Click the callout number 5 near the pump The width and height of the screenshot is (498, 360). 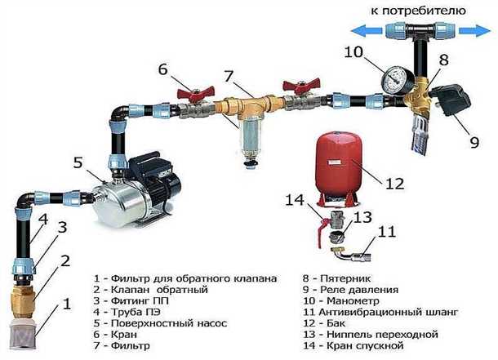pyautogui.click(x=78, y=162)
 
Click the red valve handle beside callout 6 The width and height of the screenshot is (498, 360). pyautogui.click(x=189, y=87)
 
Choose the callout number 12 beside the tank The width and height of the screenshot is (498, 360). pyautogui.click(x=395, y=184)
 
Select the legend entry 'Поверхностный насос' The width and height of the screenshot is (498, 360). pyautogui.click(x=154, y=323)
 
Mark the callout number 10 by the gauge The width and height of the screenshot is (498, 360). pyautogui.click(x=351, y=51)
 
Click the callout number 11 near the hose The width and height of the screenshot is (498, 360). pyautogui.click(x=385, y=232)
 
